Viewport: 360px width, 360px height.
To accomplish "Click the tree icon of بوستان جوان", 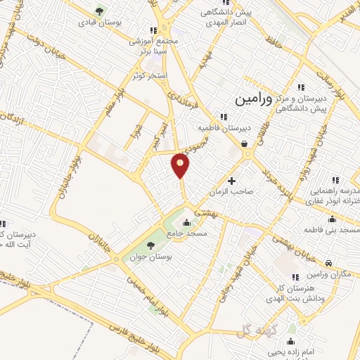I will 150,245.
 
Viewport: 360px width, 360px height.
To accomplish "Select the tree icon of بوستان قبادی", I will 98,11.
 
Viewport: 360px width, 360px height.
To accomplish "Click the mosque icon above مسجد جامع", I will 186,224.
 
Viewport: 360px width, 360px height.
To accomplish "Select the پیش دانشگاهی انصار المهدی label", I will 225,18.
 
